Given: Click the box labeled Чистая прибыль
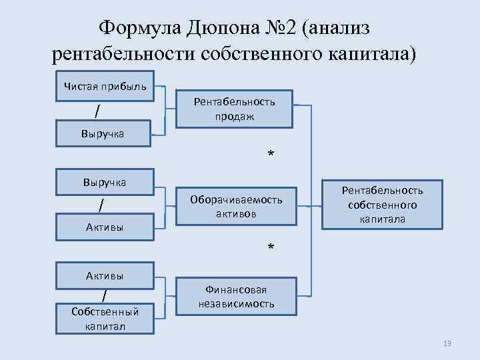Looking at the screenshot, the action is [x=105, y=86].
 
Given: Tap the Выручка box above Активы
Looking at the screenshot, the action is [x=105, y=181].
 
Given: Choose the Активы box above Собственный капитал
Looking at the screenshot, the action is [x=105, y=275].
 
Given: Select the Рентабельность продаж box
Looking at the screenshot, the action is [x=234, y=109].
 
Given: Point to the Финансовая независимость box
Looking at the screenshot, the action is [x=236, y=297].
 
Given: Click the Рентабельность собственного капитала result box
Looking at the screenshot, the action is [x=382, y=205].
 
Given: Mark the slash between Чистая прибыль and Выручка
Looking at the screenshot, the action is [x=98, y=109].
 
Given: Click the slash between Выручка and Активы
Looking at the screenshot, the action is [x=101, y=204].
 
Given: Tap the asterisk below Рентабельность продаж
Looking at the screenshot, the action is [x=271, y=155].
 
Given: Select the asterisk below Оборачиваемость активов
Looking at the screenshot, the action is [x=271, y=248].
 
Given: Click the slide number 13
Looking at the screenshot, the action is [x=447, y=343].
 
